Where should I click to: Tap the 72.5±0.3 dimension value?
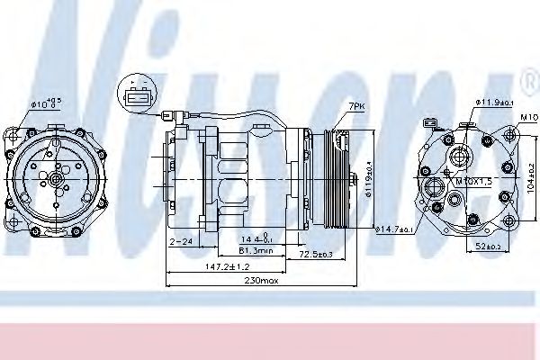point(316,256)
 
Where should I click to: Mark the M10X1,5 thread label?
point(475,180)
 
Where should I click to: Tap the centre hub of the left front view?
point(57,181)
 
